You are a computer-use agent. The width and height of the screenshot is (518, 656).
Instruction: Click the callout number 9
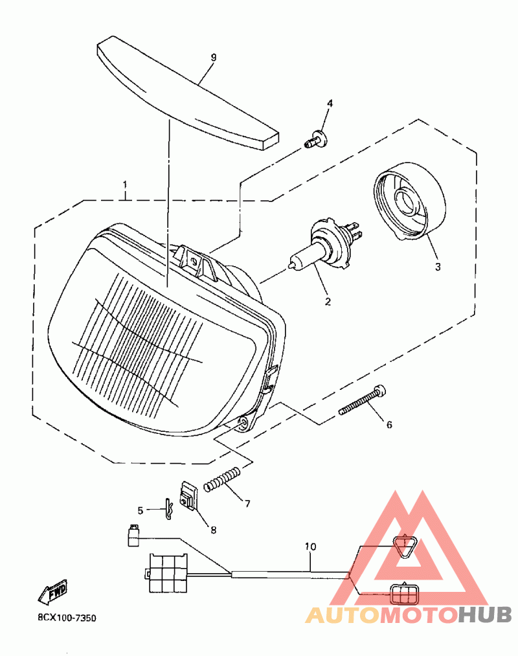pyautogui.click(x=213, y=57)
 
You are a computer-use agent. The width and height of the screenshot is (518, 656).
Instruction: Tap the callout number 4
pyautogui.click(x=330, y=104)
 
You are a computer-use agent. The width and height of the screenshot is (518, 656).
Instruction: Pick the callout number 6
pyautogui.click(x=389, y=425)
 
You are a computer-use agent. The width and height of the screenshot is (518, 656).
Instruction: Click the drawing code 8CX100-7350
pyautogui.click(x=67, y=618)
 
